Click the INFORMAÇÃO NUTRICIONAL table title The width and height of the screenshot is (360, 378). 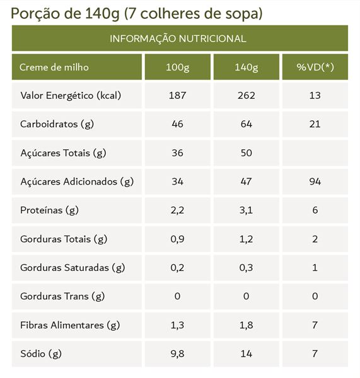point(178,38)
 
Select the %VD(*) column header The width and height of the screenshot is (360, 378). point(315,67)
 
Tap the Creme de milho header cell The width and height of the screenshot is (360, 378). point(54,67)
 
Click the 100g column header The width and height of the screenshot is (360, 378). point(178,67)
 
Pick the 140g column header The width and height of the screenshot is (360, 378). point(247,67)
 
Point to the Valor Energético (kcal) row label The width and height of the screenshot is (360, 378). point(71,96)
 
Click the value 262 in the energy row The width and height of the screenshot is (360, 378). point(247,96)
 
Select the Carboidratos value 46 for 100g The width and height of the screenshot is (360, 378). point(178,124)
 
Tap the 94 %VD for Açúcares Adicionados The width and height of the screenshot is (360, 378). point(315,181)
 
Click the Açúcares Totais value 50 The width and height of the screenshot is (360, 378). point(247,153)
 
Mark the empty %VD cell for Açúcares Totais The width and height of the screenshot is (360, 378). point(315,153)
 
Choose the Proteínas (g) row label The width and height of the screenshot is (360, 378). point(49,210)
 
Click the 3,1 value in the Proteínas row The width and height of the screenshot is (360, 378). point(246,210)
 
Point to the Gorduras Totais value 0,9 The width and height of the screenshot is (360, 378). point(177,239)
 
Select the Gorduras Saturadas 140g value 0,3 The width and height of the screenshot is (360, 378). point(246,268)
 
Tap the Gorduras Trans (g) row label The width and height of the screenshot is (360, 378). point(62,296)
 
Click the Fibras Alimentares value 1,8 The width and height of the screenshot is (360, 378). point(246,325)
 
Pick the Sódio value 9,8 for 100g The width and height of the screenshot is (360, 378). point(177,354)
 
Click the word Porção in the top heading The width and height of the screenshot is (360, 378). point(35,13)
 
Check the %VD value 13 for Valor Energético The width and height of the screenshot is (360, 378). point(315,96)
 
